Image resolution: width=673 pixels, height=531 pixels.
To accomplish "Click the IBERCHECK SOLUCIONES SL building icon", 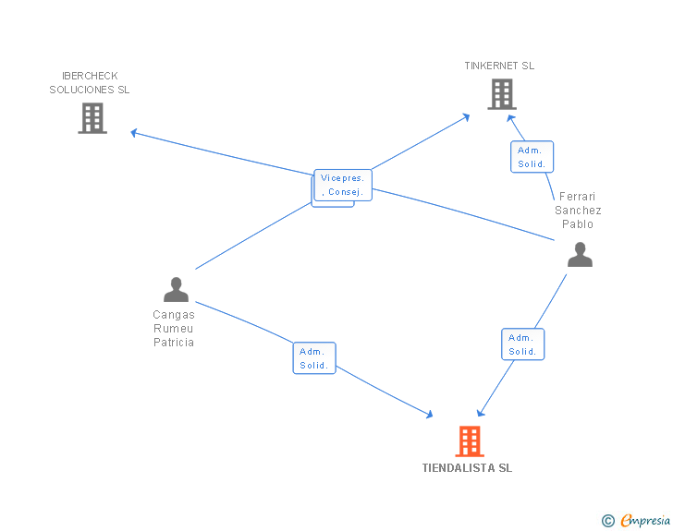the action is pyautogui.click(x=92, y=118).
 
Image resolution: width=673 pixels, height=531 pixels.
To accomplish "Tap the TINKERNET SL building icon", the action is pyautogui.click(x=502, y=94).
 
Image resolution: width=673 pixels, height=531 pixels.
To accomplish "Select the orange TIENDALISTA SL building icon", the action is pyautogui.click(x=470, y=441).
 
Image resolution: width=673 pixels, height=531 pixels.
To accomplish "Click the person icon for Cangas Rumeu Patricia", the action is pyautogui.click(x=176, y=290).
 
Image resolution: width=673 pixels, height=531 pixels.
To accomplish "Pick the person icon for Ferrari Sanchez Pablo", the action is pyautogui.click(x=580, y=254).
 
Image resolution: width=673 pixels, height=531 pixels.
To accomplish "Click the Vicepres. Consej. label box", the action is pyautogui.click(x=343, y=185).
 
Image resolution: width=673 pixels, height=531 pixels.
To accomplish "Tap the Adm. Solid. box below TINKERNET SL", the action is pyautogui.click(x=532, y=157).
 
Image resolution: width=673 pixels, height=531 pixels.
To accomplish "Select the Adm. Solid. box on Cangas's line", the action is pyautogui.click(x=314, y=357).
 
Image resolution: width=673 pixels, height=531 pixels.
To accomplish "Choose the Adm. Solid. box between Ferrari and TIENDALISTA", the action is pyautogui.click(x=523, y=344).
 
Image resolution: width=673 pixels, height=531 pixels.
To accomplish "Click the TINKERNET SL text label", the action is pyautogui.click(x=499, y=66).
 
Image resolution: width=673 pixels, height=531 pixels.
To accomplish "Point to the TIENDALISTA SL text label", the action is pyautogui.click(x=467, y=467).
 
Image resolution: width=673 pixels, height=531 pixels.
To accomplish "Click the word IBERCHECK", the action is pyautogui.click(x=90, y=76).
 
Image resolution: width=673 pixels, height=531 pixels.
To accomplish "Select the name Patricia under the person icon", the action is pyautogui.click(x=174, y=343).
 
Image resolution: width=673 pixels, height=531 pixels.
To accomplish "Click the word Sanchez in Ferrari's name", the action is pyautogui.click(x=578, y=211).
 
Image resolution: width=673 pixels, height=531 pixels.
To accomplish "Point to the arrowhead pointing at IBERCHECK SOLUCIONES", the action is pyautogui.click(x=133, y=133).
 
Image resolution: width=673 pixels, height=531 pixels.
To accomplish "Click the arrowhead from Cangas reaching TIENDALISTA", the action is pyautogui.click(x=429, y=415).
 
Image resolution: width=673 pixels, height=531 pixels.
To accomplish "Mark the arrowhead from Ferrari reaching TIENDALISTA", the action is pyautogui.click(x=481, y=413).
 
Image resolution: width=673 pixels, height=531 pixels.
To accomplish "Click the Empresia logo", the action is pyautogui.click(x=645, y=520).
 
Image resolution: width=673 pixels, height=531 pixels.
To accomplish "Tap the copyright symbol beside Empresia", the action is pyautogui.click(x=608, y=521).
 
